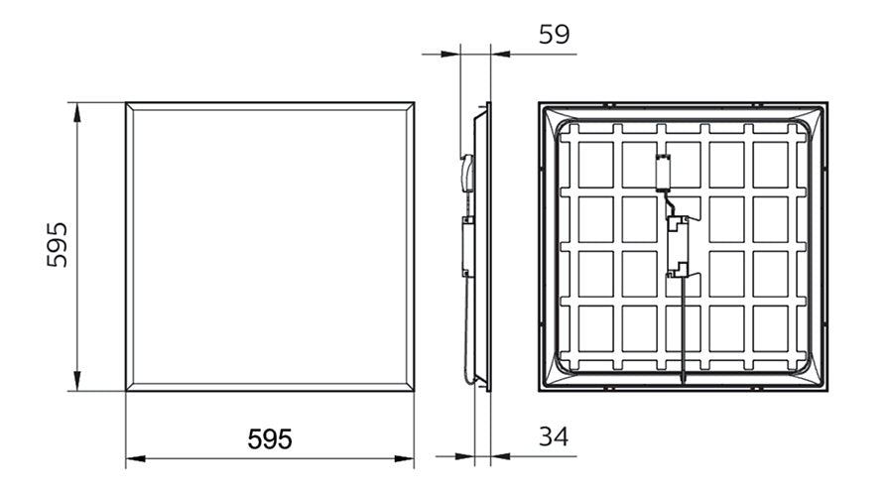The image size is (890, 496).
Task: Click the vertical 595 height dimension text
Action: point(58,244)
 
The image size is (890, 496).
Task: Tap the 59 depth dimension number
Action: point(553,36)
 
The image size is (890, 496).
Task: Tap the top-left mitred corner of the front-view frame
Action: point(130,106)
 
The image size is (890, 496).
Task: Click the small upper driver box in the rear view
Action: point(664,172)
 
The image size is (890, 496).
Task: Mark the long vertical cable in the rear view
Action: point(682,337)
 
